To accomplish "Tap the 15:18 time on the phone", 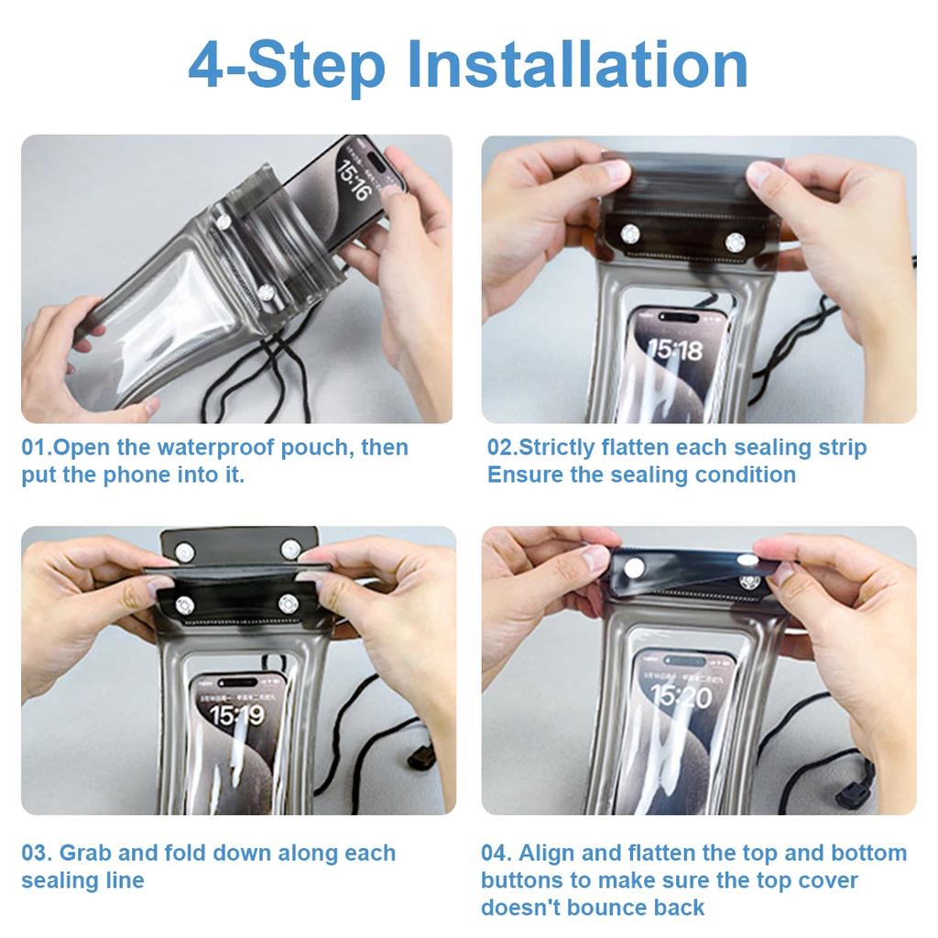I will coord(675,349).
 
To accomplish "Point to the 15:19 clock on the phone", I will coord(238,714).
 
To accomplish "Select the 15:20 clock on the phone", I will coord(681,698).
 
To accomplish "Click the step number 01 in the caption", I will coord(35,448).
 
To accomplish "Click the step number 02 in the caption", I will coord(500,448).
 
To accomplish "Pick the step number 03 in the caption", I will coord(35,853).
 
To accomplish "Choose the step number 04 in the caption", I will coord(495,853).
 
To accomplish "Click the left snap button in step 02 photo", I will coord(629,234).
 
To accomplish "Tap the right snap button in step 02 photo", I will coord(735,242).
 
